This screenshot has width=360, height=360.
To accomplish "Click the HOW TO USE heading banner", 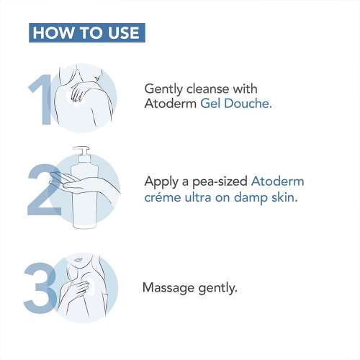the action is click(x=87, y=32).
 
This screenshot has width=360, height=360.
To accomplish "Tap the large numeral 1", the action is click(x=42, y=99).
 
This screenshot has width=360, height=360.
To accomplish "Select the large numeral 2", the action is click(x=45, y=189).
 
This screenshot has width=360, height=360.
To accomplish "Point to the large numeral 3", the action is click(x=40, y=288).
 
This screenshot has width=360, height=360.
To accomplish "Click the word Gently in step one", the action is click(x=163, y=89).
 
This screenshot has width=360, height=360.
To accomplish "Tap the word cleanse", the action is click(x=208, y=89).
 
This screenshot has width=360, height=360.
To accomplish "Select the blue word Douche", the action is click(x=248, y=104).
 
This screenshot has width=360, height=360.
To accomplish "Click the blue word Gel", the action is click(x=210, y=104).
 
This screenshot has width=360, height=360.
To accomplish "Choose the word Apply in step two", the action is click(x=161, y=182).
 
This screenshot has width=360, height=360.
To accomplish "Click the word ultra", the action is click(x=198, y=197).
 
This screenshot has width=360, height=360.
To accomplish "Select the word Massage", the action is click(x=168, y=288).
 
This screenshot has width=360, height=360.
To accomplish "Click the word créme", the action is click(x=163, y=197).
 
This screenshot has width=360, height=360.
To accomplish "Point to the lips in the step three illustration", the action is click(x=78, y=260).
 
